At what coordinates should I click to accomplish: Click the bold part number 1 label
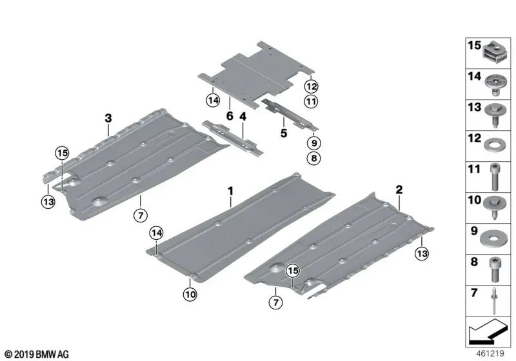click(x=229, y=191)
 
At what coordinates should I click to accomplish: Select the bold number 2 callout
click(x=399, y=190)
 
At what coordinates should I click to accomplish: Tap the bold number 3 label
click(x=108, y=117)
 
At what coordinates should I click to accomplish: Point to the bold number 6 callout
click(x=229, y=117)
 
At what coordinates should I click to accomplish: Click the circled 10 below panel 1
click(x=190, y=295)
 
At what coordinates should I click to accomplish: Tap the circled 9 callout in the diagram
click(x=312, y=143)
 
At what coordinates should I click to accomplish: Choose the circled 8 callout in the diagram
click(x=312, y=157)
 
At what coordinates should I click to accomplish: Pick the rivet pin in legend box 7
click(x=493, y=298)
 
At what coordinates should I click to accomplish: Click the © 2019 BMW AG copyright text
click(x=36, y=353)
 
